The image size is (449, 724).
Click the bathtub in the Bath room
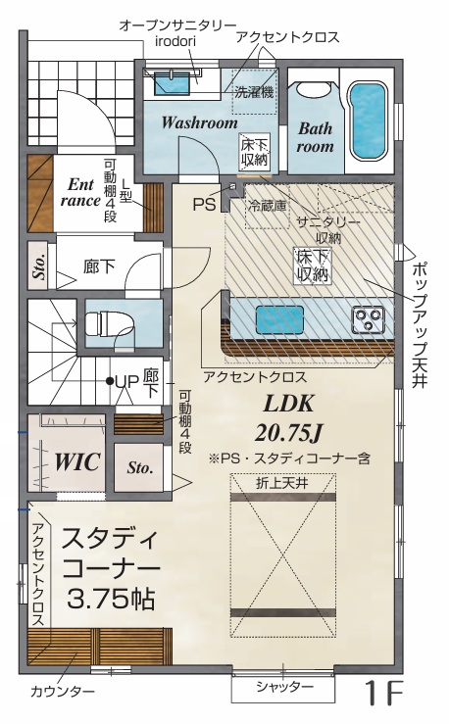coord(368,121)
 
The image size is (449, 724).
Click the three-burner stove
coord(369,319)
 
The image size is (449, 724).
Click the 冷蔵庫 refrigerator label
coord(267,207)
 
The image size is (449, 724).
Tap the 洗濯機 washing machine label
coord(254,92)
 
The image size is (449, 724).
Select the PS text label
coord(204,205)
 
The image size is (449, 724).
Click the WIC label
coord(77,461)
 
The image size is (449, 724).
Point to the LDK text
coord(288,404)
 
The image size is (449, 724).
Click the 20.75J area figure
coord(288,433)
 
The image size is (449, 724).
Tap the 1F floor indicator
coord(384,693)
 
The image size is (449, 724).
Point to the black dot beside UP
coord(110,381)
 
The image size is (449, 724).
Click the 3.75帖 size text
coord(111,599)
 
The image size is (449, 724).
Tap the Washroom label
coord(200,122)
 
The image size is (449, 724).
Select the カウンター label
coord(63,692)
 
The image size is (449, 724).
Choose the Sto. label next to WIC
coord(140,467)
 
